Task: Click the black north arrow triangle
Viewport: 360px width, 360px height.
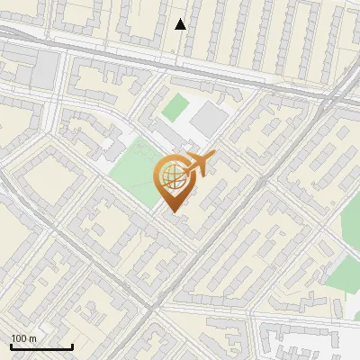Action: click(x=181, y=24)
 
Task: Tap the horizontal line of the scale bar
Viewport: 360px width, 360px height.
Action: click(x=41, y=346)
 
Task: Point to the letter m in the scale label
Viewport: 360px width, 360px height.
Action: click(x=32, y=338)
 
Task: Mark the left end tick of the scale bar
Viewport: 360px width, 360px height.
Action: click(x=11, y=345)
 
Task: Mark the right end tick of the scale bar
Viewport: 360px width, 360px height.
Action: click(x=72, y=345)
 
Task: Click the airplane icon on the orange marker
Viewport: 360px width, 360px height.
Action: click(x=199, y=164)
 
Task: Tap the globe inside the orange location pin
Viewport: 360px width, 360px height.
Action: click(x=171, y=175)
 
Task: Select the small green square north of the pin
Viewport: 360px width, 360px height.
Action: click(x=175, y=108)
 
